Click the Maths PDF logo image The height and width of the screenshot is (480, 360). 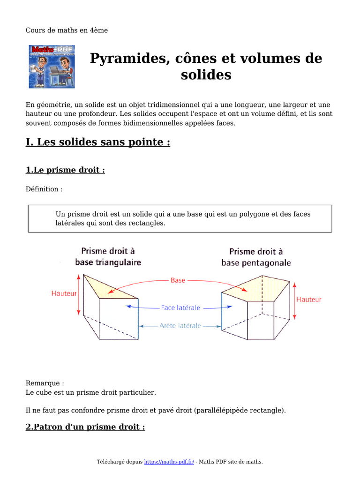pos(52,67)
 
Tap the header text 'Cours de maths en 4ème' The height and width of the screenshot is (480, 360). pos(67,30)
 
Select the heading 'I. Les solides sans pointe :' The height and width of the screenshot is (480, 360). pos(97,142)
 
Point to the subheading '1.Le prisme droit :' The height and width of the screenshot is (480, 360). pos(65,170)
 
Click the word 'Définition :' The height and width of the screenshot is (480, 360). pos(44,189)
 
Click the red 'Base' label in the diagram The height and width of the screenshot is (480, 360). pos(178,280)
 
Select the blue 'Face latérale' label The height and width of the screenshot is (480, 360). pos(180,308)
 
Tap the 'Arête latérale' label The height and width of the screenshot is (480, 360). pos(180,325)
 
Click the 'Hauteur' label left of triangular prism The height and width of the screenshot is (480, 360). pos(64,293)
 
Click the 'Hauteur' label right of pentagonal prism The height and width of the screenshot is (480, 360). pos(309,300)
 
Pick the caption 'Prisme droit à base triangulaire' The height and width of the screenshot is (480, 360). pos(108,257)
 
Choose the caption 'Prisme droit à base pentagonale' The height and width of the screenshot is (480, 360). pos(256,257)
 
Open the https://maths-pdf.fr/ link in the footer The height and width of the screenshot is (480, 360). pos(169,462)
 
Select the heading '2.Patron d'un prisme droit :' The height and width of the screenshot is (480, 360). pos(85,427)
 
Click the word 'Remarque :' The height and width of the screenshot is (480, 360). pos(45,383)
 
